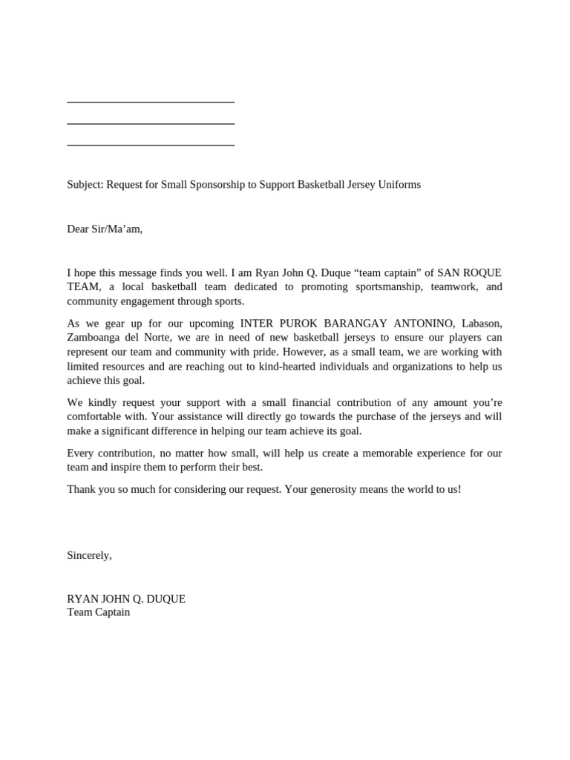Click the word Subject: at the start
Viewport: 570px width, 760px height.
pyautogui.click(x=85, y=184)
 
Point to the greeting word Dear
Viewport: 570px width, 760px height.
pyautogui.click(x=77, y=229)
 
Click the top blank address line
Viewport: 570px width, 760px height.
pyautogui.click(x=151, y=102)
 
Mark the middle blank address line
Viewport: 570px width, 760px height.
pyautogui.click(x=151, y=124)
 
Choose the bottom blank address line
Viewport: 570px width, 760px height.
pyautogui.click(x=151, y=145)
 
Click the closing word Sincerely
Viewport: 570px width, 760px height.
pyautogui.click(x=89, y=555)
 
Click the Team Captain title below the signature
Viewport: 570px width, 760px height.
pyautogui.click(x=98, y=612)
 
